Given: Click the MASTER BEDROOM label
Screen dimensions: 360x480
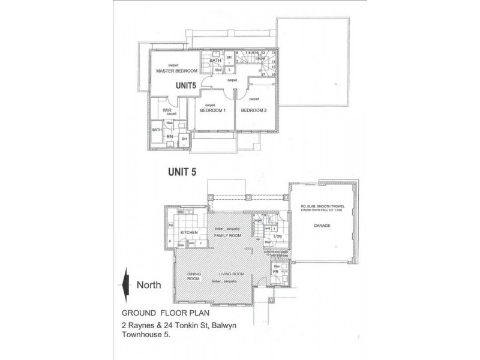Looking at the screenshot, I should click(178, 71).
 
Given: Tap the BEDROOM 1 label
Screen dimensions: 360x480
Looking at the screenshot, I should click(212, 110).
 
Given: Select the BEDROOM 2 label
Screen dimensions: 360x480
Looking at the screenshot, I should click(254, 110).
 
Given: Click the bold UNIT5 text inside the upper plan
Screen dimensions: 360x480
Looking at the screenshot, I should click(186, 86).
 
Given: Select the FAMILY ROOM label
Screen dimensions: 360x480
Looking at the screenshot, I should click(227, 236).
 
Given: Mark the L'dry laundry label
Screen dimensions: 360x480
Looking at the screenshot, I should click(278, 237).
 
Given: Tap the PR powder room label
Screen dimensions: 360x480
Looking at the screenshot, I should click(277, 272).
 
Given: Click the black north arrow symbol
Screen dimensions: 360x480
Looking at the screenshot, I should click(125, 285).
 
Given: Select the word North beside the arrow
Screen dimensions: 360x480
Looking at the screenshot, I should click(148, 285).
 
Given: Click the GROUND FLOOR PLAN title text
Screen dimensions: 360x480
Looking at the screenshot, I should click(157, 313).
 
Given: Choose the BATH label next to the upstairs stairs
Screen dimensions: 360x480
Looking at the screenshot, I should click(216, 61).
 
